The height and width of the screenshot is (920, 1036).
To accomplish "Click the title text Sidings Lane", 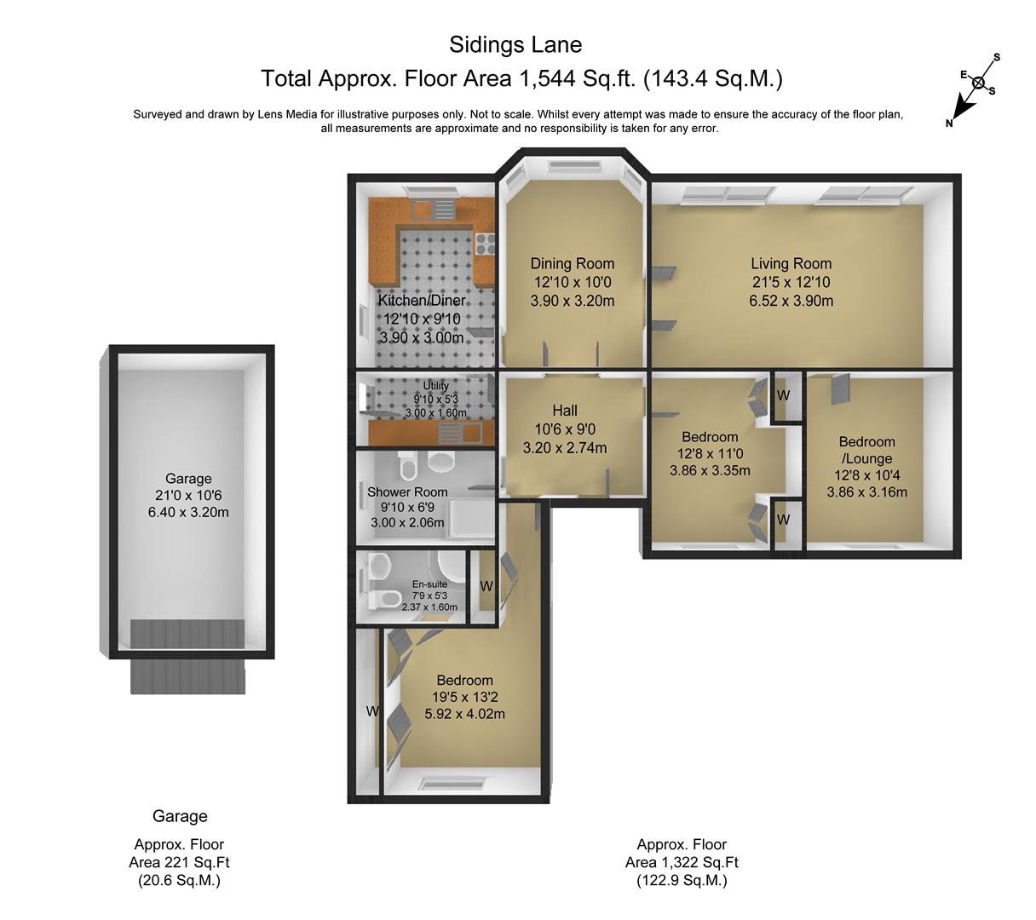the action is pos(515,45).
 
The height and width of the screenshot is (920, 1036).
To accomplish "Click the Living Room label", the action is pos(791,264).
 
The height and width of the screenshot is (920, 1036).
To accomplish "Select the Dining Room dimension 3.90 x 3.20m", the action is pos(572,301).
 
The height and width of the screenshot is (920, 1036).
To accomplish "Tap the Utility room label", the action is pos(435,386).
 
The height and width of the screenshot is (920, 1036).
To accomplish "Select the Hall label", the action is pos(565,410).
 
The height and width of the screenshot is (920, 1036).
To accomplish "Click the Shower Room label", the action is pos(407,492).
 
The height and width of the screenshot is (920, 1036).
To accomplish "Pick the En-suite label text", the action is pos(429,584).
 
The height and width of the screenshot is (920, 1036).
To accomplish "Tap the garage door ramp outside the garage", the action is pos(187,676).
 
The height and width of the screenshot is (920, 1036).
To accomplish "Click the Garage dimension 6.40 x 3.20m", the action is pos(188,512).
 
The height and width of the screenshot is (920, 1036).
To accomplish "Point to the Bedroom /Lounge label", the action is pos(866,450).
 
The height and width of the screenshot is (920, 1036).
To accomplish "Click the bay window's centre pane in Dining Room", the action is pos(573,166).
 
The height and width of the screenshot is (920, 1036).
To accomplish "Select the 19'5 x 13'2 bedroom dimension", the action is pos(464,697).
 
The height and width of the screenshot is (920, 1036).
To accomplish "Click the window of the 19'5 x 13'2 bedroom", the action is pos(452,783).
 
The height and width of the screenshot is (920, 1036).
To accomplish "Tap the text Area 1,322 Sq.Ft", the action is pos(682,863).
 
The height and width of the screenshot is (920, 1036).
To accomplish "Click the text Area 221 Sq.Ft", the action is pos(179,863).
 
